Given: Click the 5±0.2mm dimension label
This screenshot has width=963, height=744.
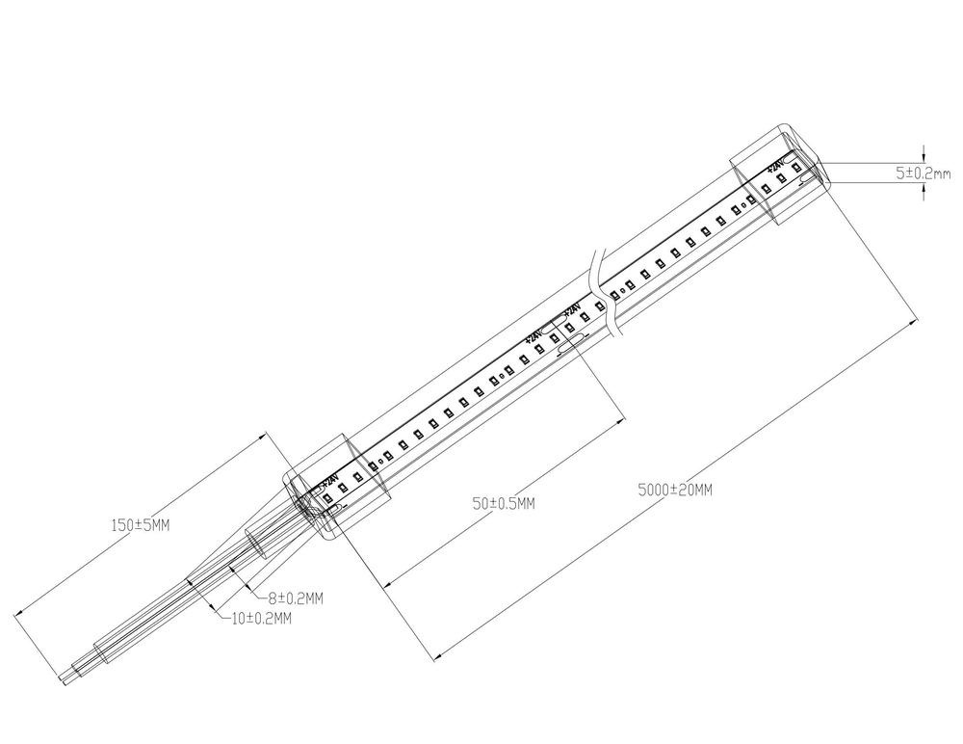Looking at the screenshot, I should [923, 173].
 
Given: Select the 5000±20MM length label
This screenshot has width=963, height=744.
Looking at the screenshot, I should [675, 490].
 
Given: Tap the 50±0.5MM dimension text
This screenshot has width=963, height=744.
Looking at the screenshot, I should [504, 504].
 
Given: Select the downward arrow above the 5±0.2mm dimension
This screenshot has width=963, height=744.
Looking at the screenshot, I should [924, 157].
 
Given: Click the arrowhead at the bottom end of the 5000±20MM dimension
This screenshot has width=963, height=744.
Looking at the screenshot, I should [437, 659].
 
